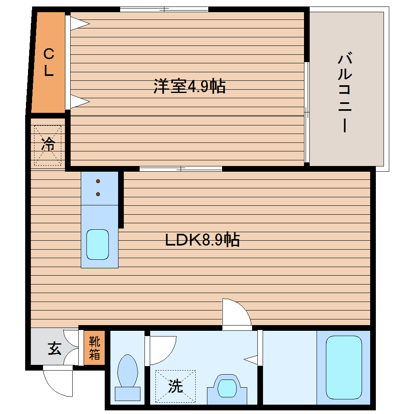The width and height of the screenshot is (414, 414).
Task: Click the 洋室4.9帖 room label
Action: click(x=190, y=86)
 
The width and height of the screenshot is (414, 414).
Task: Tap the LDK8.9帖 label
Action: click(x=202, y=240)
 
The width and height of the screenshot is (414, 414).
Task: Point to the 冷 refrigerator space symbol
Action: click(x=48, y=145)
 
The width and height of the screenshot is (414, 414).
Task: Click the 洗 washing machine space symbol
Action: click(x=175, y=386)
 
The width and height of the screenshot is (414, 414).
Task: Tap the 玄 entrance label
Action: click(x=54, y=348)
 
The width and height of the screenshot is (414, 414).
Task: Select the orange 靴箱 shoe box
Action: click(x=94, y=348)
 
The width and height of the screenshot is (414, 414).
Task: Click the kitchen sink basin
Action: click(x=97, y=244)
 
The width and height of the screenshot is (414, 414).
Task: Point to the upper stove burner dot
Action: click(x=98, y=181)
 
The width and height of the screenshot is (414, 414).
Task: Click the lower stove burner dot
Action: click(x=98, y=194)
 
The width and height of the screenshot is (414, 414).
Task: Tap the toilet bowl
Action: click(x=127, y=370)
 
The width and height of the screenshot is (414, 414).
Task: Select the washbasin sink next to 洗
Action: click(x=227, y=388)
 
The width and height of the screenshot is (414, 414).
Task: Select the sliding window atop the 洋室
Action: click(x=164, y=9)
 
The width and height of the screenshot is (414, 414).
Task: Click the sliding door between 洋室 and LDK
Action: click(x=181, y=168)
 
